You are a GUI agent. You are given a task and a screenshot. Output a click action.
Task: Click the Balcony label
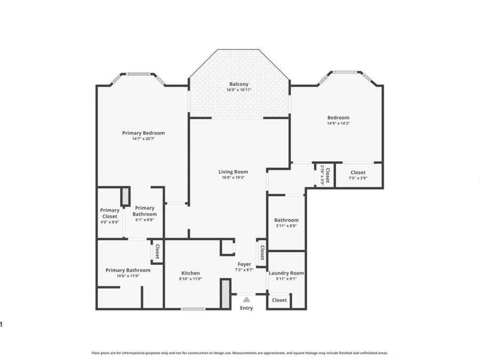[x=238, y=84]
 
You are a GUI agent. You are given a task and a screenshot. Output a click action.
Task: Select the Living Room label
[x=233, y=172]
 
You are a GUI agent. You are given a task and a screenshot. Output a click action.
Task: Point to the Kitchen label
[x=190, y=273]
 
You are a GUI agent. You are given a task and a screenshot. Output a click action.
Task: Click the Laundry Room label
[x=286, y=273]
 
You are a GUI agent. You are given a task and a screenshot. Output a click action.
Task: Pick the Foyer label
[x=244, y=264]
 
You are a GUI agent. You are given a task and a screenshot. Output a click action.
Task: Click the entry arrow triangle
[x=246, y=300]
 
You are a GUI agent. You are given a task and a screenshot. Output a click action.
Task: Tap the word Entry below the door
[x=246, y=308]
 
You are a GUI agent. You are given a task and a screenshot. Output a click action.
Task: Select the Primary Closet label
[x=109, y=213]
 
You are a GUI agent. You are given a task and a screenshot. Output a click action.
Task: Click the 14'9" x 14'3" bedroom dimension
[x=338, y=123]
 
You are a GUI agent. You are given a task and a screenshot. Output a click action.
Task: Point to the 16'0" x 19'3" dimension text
[x=233, y=178]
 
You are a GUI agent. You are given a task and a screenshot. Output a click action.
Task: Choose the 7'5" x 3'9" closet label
[x=358, y=178]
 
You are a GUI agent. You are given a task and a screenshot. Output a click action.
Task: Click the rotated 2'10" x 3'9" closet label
[x=325, y=174]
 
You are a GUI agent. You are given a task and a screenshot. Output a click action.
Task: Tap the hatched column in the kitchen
[x=225, y=293]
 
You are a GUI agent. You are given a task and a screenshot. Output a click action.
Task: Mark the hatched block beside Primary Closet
[x=125, y=196]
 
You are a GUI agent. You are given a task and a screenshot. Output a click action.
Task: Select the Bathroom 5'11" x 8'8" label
[x=286, y=222]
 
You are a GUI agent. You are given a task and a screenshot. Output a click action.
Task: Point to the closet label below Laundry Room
[x=279, y=300]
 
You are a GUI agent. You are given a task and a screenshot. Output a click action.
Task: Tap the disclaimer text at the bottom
[x=239, y=353]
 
